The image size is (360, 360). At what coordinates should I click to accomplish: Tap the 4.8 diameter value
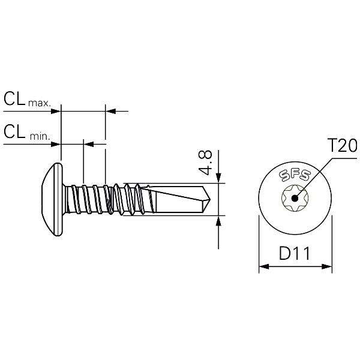(205, 162)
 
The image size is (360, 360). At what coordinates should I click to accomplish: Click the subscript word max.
(39, 103)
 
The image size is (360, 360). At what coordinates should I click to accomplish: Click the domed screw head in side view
(51, 199)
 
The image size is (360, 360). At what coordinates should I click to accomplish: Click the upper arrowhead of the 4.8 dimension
(218, 177)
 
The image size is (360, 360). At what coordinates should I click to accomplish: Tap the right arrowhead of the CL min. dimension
(89, 143)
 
